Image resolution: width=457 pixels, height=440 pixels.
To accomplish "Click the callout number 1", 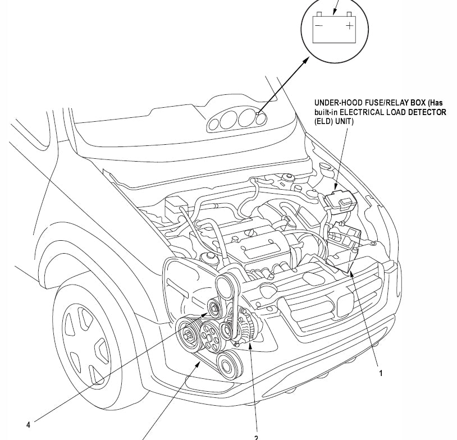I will click(x=380, y=372).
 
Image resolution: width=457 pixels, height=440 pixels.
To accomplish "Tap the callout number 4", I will click(x=29, y=424).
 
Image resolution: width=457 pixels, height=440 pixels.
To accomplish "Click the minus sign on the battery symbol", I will click(x=319, y=25).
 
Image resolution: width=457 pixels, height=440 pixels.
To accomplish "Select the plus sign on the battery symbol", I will click(x=350, y=25).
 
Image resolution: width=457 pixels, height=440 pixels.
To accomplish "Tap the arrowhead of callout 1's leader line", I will click(x=350, y=273).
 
